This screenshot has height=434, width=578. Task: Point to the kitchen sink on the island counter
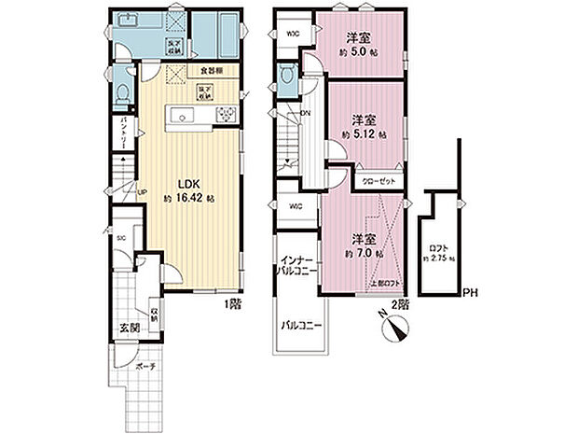182,115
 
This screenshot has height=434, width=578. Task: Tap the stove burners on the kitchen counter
226,115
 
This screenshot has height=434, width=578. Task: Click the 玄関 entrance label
129,328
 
